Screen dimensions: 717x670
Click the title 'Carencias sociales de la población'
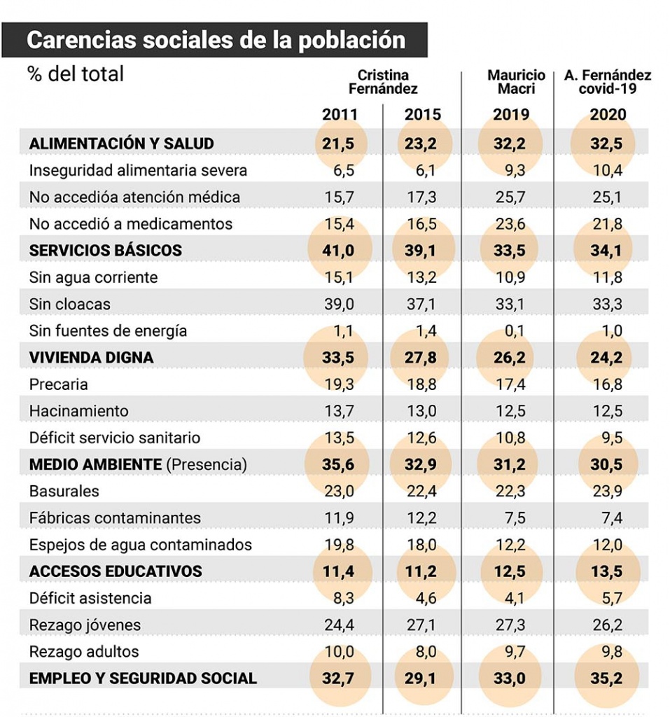click(216, 40)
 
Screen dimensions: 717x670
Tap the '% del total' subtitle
click(76, 74)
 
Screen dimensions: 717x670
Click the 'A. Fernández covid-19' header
click(608, 82)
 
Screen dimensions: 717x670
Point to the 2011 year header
click(340, 115)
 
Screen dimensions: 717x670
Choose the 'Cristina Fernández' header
click(383, 82)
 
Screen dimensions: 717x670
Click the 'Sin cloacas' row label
click(70, 305)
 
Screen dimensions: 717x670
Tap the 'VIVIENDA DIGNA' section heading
click(91, 358)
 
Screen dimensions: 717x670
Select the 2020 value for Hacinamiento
click(608, 411)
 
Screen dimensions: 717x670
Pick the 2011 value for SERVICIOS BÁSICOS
click(340, 251)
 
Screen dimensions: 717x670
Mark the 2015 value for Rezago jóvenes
click(421, 625)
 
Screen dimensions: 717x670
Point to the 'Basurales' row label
click(64, 492)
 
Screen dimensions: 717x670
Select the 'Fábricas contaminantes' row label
click(115, 518)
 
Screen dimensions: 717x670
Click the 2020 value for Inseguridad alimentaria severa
click(608, 171)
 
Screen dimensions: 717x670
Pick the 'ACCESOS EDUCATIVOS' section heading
click(116, 571)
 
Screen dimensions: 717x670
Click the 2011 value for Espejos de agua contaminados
click(340, 545)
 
